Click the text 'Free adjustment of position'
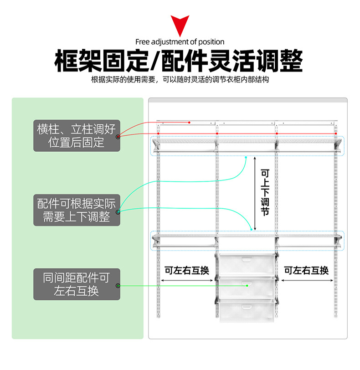click(x=180, y=42)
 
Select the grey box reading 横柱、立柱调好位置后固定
click(x=77, y=135)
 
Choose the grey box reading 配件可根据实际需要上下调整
click(x=77, y=210)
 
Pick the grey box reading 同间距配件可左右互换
click(x=77, y=284)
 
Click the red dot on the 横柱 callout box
click(x=118, y=137)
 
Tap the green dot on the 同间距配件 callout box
click(x=118, y=286)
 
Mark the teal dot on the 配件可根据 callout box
click(x=118, y=212)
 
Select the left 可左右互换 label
click(x=187, y=270)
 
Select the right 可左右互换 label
click(x=306, y=270)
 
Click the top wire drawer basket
click(x=247, y=265)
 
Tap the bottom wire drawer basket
click(x=247, y=312)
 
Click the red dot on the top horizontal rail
click(x=189, y=122)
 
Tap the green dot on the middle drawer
click(x=247, y=286)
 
